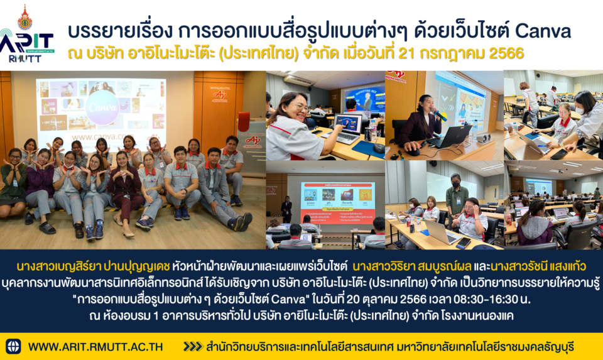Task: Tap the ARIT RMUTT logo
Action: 27,34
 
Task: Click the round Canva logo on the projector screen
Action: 102,107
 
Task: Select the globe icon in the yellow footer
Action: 13,346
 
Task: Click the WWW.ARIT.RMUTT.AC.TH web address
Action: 95,347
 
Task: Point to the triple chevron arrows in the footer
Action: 193,347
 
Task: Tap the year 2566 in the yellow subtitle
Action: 506,53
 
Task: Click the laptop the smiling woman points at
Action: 349,128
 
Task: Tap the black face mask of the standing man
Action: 457,185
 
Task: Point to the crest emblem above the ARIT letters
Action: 25,18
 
